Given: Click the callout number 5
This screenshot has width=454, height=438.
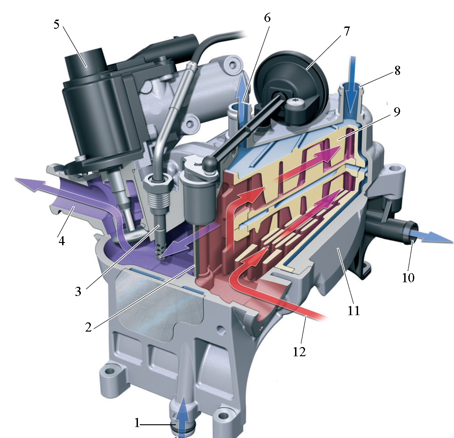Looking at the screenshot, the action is (x=57, y=24).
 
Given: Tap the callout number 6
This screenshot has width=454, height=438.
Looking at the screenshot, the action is (x=267, y=18).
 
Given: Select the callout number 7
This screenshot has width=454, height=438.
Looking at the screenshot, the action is (x=347, y=31).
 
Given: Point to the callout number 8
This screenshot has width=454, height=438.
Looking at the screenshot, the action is (x=397, y=70).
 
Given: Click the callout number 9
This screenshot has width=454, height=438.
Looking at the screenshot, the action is (x=397, y=112).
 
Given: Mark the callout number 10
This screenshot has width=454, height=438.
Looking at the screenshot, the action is (x=408, y=278).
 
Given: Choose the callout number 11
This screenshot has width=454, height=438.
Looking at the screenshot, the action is (x=354, y=311).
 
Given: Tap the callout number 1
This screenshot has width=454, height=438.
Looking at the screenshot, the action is (x=137, y=423).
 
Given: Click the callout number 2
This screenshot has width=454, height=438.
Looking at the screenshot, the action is (x=88, y=327).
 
